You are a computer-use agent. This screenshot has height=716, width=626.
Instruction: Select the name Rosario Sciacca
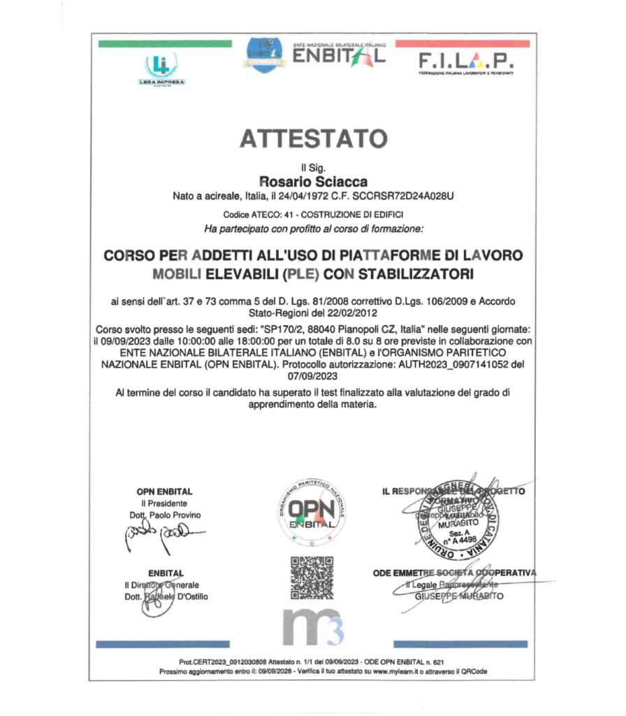(312, 182)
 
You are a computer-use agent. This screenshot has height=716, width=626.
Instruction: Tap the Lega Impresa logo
(161, 69)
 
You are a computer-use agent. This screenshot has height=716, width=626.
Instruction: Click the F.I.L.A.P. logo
(465, 62)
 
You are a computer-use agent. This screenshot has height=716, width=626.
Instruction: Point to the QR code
(312, 578)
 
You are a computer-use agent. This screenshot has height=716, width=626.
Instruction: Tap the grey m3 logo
(312, 626)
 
